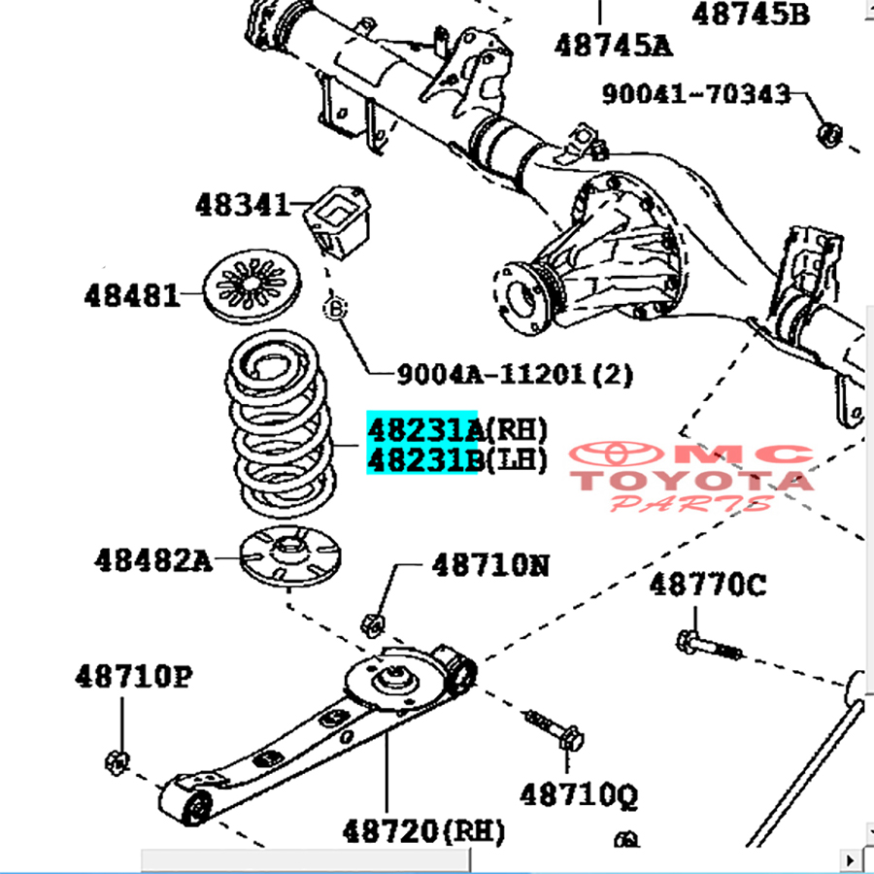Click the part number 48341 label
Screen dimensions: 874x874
pyautogui.click(x=242, y=205)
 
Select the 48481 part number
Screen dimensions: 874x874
pyautogui.click(x=132, y=295)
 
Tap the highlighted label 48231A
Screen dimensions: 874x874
pyautogui.click(x=423, y=428)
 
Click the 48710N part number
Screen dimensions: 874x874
pyautogui.click(x=490, y=564)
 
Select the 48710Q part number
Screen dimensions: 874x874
pyautogui.click(x=579, y=795)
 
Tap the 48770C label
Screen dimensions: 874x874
pyautogui.click(x=707, y=585)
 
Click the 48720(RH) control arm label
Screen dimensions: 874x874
pyautogui.click(x=423, y=831)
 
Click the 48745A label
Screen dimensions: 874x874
pyautogui.click(x=614, y=45)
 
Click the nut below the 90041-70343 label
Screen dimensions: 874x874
pyautogui.click(x=827, y=133)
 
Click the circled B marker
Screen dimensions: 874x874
pyautogui.click(x=334, y=309)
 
